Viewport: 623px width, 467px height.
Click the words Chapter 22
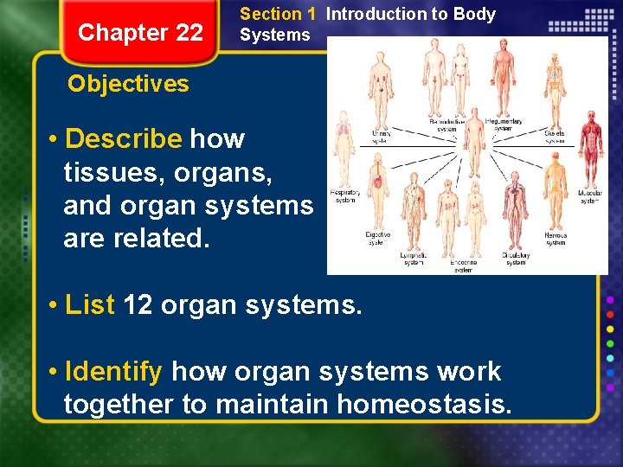[140, 33]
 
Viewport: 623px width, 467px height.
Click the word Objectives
[128, 84]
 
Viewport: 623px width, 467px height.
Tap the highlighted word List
[90, 305]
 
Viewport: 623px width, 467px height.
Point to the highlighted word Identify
[113, 372]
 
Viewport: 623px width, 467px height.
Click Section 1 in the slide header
[278, 14]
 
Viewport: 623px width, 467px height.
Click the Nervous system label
[556, 238]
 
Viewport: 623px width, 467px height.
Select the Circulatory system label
[516, 259]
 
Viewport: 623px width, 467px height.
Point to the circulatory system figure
[517, 208]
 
